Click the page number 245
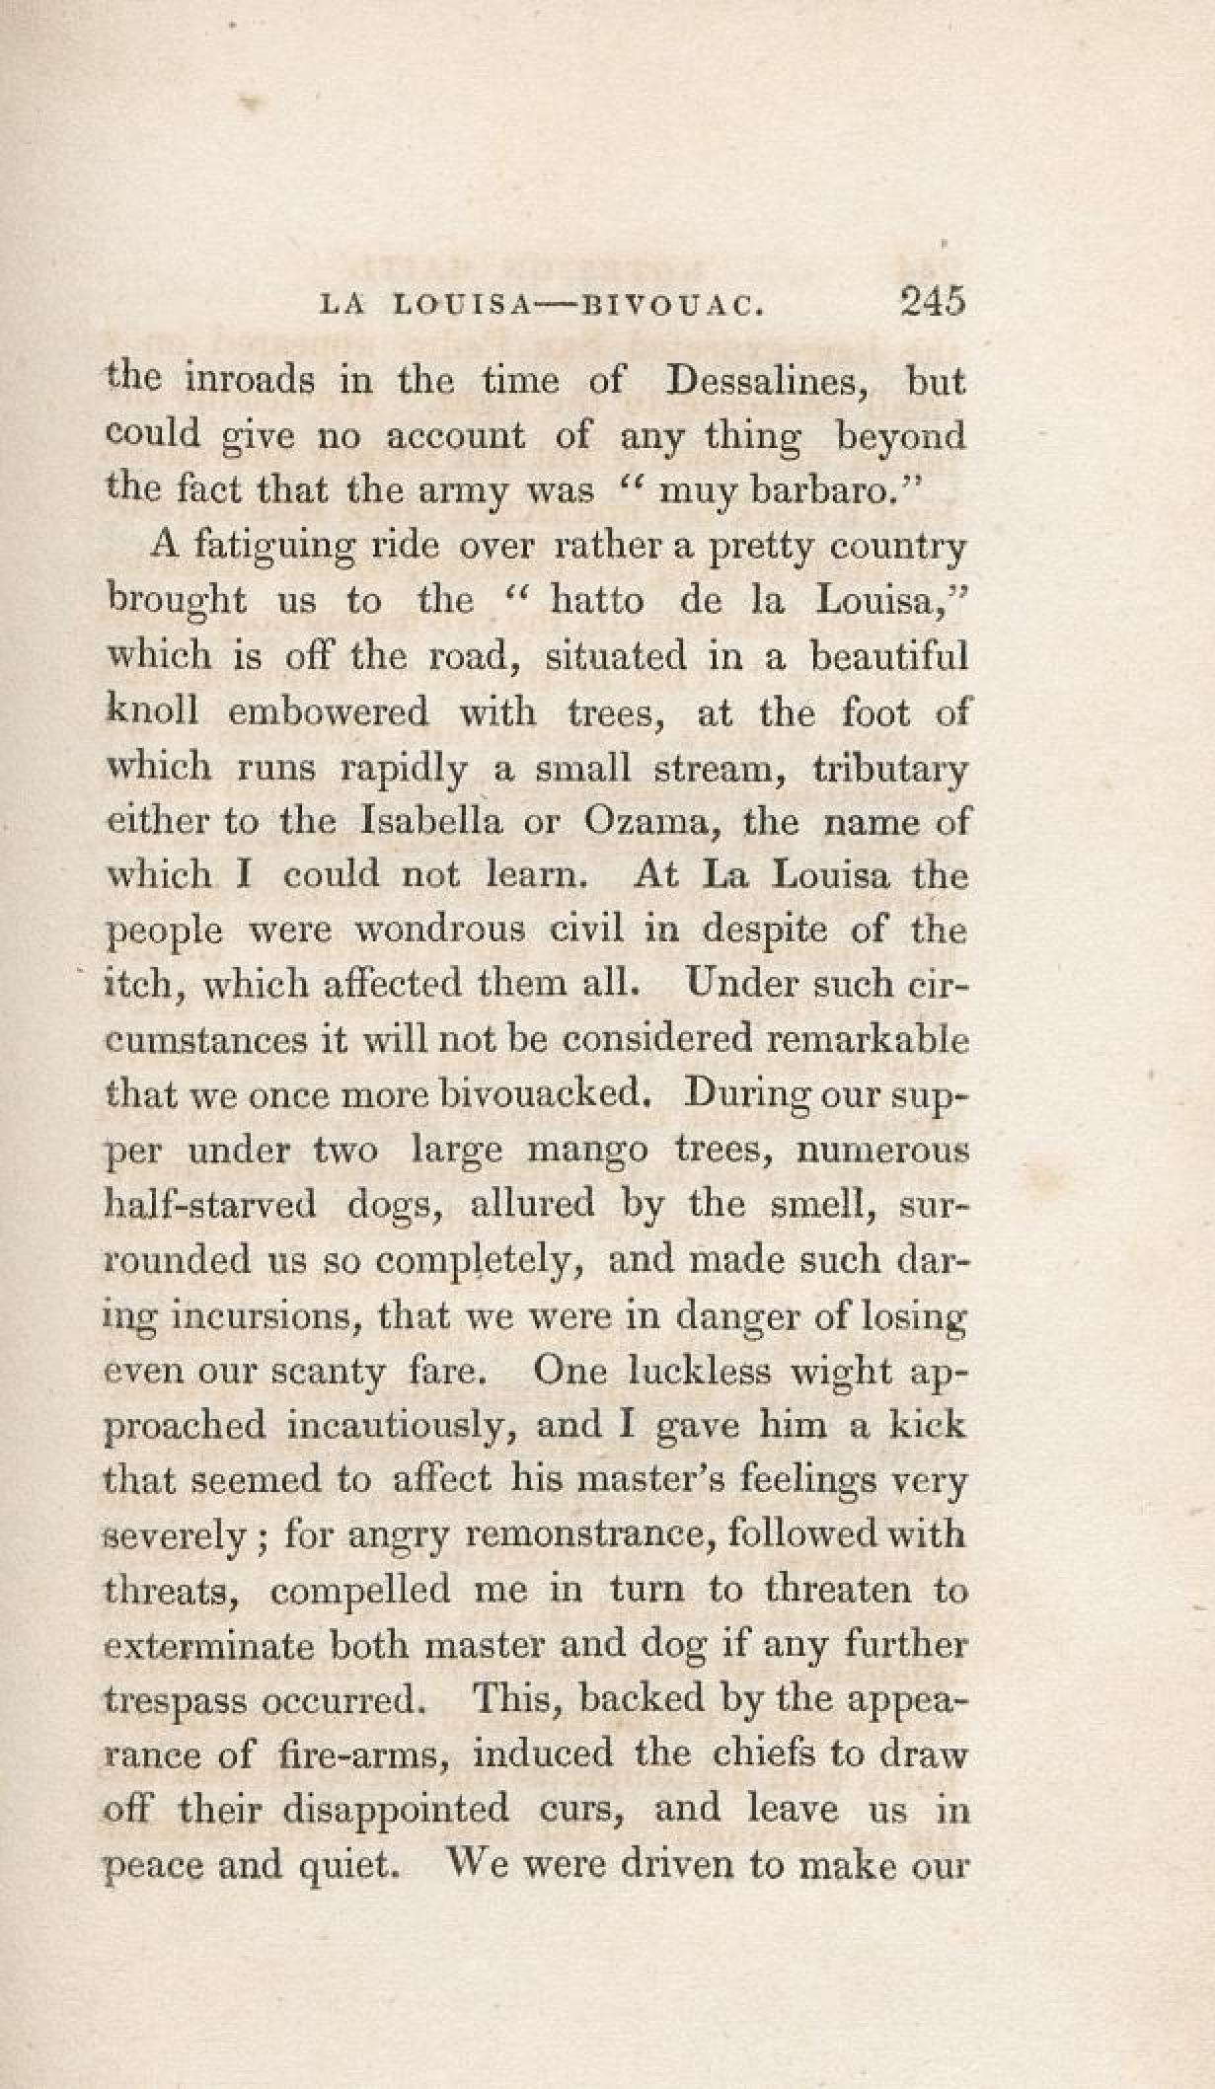pyautogui.click(x=931, y=302)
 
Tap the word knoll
pyautogui.click(x=152, y=710)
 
